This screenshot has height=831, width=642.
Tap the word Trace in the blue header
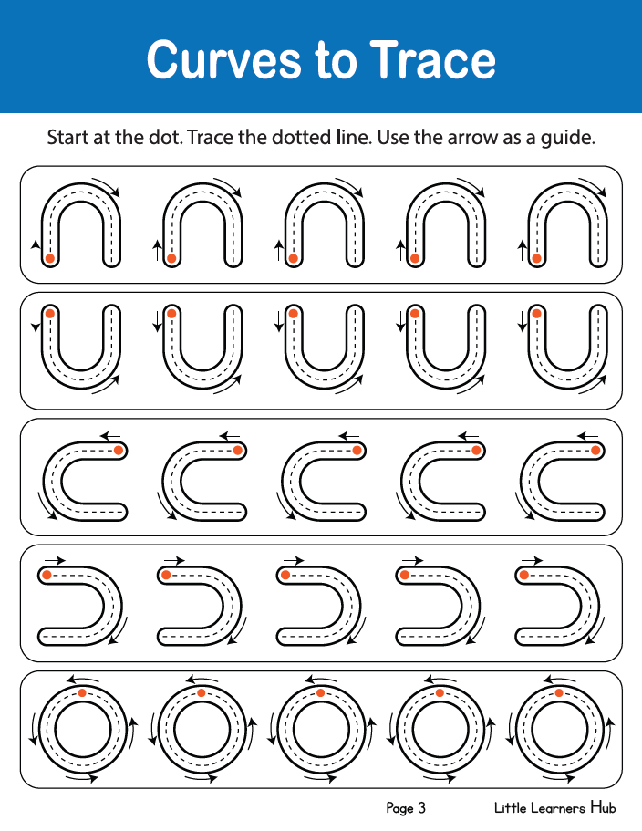click(433, 59)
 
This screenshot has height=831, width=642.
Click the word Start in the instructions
click(68, 137)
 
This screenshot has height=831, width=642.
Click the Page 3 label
click(406, 807)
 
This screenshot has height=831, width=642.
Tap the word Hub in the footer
click(604, 807)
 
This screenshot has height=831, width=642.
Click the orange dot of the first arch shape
click(50, 259)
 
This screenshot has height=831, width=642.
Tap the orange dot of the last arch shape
click(536, 259)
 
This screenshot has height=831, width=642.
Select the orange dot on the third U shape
click(293, 313)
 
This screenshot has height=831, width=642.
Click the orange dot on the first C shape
click(119, 451)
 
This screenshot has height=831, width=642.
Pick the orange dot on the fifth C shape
click(595, 451)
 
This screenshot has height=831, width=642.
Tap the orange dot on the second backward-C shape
click(166, 575)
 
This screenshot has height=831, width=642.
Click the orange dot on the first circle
click(81, 692)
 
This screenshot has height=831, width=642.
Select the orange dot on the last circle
click(559, 692)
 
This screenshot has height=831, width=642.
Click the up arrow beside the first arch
click(36, 250)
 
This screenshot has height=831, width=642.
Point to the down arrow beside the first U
click(36, 322)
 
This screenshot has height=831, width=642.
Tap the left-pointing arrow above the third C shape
click(349, 436)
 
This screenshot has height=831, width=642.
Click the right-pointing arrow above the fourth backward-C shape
click(412, 560)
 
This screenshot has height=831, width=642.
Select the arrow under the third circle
click(320, 778)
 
